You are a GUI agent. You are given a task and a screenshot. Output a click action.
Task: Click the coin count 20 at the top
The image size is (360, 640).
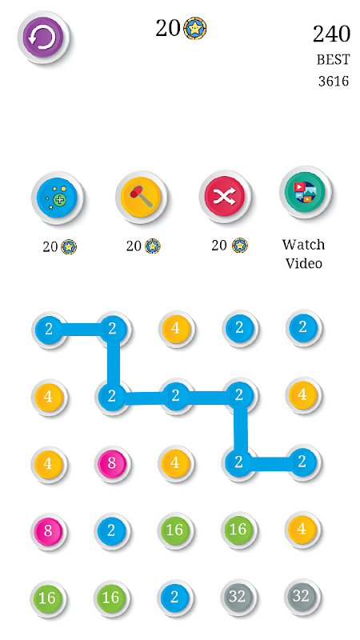168,29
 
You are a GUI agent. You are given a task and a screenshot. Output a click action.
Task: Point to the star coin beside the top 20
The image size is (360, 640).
194,29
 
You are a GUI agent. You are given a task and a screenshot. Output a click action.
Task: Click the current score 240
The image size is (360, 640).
331,34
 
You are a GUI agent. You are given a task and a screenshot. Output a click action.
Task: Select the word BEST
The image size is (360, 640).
333,60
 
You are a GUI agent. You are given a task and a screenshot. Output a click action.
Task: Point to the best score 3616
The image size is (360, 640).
334,82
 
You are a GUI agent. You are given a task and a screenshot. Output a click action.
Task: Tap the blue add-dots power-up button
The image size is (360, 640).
57,198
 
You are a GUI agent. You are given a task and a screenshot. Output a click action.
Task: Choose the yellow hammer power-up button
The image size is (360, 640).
141,197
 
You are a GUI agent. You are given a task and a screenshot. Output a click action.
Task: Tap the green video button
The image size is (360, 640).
306,192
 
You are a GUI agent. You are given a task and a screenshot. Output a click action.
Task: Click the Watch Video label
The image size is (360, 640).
303,254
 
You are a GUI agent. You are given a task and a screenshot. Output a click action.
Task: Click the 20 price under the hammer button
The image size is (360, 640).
134,246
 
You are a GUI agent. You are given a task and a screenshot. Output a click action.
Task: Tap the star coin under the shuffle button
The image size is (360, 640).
239,246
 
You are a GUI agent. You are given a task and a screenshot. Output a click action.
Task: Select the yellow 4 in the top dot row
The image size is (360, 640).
175,328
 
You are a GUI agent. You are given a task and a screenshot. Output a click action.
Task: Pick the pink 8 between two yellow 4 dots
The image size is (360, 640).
112,463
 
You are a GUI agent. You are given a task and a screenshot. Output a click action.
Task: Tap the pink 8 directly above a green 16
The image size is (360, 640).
48,530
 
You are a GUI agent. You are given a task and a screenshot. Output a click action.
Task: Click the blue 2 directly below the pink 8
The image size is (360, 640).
111,530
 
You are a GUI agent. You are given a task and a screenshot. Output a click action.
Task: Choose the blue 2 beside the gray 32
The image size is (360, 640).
174,598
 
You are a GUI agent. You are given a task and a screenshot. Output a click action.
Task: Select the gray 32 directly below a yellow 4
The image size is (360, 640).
302,597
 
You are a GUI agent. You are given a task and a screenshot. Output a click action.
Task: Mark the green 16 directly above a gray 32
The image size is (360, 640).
238,530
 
